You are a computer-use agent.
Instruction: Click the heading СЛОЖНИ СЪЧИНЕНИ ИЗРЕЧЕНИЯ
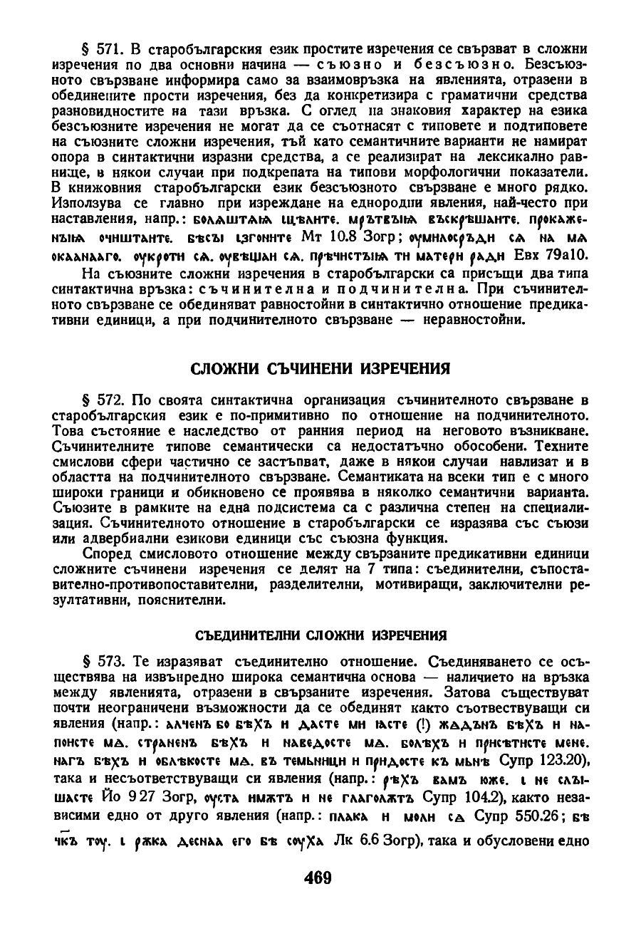click(320, 368)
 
